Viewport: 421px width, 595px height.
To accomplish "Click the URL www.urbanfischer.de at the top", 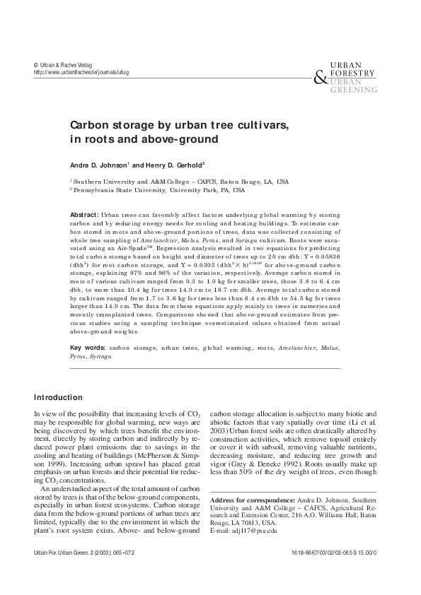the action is (x=78, y=72).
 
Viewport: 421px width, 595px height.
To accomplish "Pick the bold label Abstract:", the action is (x=84, y=213).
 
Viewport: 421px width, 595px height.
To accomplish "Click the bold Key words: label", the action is (x=88, y=348).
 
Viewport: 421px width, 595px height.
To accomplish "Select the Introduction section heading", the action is (x=63, y=396).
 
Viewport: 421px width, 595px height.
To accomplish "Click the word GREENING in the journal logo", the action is (x=357, y=89).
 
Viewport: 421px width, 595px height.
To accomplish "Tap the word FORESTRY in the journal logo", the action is (x=357, y=72).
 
